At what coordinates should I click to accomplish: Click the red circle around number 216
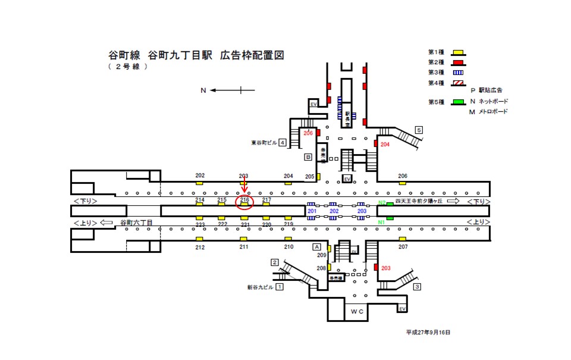[244, 202]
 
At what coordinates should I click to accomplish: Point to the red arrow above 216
[244, 187]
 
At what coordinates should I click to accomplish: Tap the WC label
[357, 311]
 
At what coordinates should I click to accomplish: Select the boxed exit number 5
[419, 130]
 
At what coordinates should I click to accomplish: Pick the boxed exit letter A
[317, 247]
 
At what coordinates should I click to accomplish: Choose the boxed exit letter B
[308, 157]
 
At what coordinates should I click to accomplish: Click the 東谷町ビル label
[264, 143]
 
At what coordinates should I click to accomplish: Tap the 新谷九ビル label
[260, 287]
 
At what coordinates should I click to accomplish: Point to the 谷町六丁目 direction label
[137, 223]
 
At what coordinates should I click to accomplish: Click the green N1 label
[381, 223]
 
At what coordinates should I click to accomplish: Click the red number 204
[384, 144]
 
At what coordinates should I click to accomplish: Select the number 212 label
[200, 247]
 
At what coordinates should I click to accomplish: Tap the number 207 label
[403, 246]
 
